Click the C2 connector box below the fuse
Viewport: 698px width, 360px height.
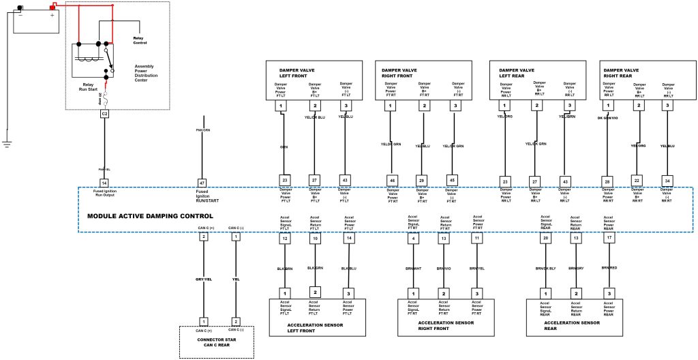[x=105, y=114]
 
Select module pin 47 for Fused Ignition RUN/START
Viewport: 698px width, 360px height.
[x=202, y=183]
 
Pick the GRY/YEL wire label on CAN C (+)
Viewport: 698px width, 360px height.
[x=204, y=280]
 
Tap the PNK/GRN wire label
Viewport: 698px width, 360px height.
[x=202, y=129]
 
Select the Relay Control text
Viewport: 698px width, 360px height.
[x=140, y=43]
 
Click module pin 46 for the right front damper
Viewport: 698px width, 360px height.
[x=392, y=179]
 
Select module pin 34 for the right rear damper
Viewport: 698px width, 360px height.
[x=668, y=179]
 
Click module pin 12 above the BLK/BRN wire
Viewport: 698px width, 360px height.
[x=285, y=239]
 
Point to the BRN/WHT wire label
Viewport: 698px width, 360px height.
[x=414, y=268]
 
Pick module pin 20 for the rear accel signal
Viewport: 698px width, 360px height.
[x=545, y=239]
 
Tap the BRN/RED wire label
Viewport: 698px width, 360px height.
[x=609, y=268]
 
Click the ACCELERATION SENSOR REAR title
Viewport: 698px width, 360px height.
[x=573, y=325]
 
